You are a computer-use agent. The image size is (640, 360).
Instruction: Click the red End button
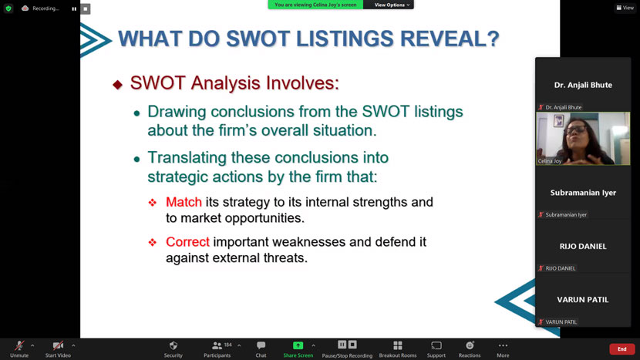[x=621, y=349]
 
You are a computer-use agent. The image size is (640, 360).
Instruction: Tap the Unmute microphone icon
[x=19, y=345]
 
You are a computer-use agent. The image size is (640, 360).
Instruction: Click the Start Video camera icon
[x=58, y=345]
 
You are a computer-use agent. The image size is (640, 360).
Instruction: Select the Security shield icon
[x=173, y=345]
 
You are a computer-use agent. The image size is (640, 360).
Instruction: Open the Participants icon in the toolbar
[x=217, y=345]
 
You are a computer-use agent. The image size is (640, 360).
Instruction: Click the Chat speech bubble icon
[x=261, y=345]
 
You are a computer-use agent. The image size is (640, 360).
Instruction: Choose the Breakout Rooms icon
[x=398, y=345]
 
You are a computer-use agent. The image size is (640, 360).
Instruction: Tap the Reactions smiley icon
[x=470, y=345]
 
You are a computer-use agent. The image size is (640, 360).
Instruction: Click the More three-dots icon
[x=503, y=345]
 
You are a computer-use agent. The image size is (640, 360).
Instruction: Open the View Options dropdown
[x=392, y=5]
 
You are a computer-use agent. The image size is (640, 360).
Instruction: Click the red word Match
[x=184, y=202]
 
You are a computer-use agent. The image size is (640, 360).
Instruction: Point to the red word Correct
[x=187, y=242]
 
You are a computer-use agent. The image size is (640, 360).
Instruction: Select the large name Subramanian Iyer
[x=583, y=193]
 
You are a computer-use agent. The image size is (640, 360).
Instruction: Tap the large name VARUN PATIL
[x=583, y=300]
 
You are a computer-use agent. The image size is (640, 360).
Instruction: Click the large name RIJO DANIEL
[x=583, y=246]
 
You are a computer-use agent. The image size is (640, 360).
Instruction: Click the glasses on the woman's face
[x=575, y=130]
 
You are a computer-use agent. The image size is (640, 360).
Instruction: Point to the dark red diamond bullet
[x=117, y=85]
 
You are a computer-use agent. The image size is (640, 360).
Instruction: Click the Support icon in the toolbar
[x=436, y=345]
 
